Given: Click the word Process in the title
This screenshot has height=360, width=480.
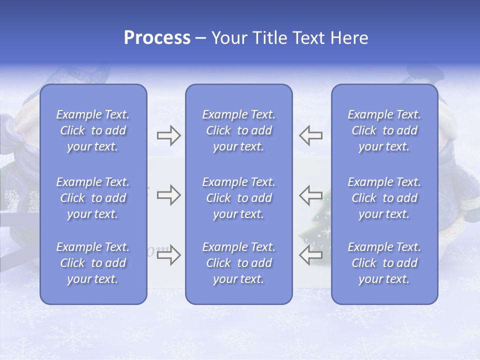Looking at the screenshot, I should coord(157,38).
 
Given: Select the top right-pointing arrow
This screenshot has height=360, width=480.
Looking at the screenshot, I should coord(168,135).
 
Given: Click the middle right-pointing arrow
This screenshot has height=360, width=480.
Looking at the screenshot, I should coord(168,195).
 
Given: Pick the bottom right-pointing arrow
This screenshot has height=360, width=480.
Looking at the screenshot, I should coord(168,254).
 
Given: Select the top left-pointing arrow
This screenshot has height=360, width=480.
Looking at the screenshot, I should coord(310,135).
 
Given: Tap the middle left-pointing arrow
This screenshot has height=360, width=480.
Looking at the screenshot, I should coord(310,195).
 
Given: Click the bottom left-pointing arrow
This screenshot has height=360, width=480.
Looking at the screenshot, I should coord(310,254).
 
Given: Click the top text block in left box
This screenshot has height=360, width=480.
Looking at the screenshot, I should coord(93,130).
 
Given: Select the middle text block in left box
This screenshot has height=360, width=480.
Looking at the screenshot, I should coord(93,198).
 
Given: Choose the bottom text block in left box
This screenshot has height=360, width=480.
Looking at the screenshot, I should coord(93,263).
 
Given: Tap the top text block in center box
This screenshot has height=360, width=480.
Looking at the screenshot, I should coord(239,130).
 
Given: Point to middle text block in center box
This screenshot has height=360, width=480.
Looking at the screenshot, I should coord(239,198).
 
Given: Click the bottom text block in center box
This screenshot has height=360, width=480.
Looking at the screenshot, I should coord(239,263).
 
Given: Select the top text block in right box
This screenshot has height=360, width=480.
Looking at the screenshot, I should coord(384,130).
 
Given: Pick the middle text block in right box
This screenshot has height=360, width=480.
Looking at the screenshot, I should coord(384,198).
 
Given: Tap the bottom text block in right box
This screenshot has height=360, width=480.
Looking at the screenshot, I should coord(384,263).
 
